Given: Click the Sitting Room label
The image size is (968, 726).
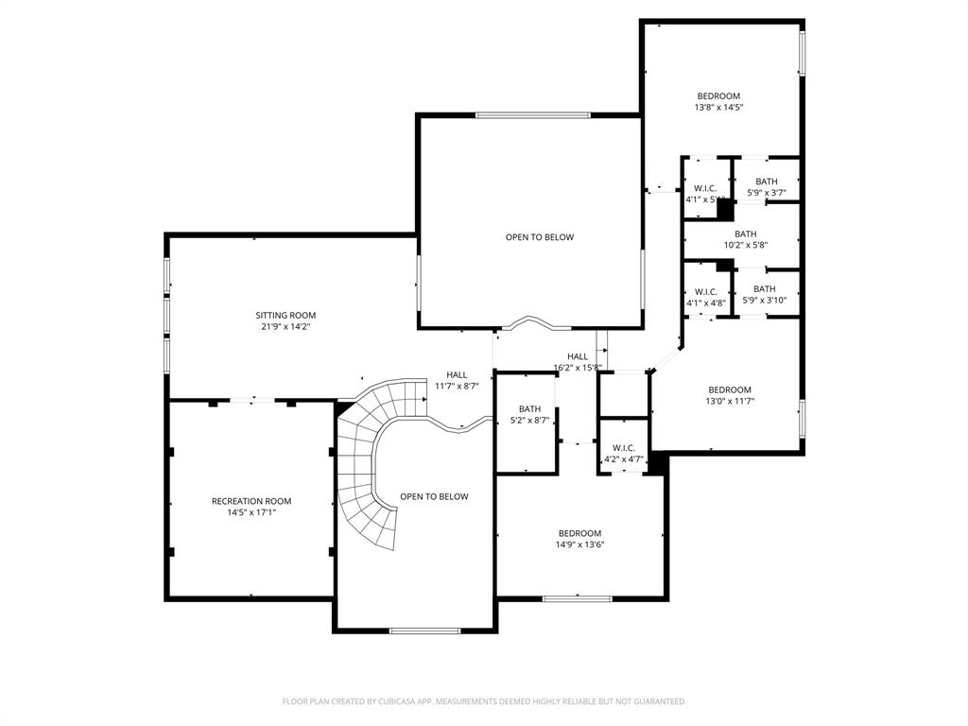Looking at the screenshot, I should click(285, 320).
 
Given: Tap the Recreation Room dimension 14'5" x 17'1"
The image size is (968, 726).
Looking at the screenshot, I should click(251, 512).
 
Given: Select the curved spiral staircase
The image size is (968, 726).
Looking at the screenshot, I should click(369, 463).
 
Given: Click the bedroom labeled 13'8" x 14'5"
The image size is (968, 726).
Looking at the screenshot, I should click(718, 101).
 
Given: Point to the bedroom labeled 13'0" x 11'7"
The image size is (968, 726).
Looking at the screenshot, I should click(730, 394).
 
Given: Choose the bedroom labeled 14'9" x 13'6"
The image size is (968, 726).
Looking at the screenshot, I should click(579, 539).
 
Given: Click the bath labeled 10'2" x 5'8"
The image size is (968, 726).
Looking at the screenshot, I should click(745, 239).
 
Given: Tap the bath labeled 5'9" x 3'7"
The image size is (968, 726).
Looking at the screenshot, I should click(766, 186).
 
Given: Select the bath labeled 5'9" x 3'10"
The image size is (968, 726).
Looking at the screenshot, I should click(764, 294).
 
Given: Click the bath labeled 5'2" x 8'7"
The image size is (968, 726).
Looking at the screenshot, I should click(529, 414).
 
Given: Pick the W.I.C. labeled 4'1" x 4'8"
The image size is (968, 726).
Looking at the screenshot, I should click(705, 297).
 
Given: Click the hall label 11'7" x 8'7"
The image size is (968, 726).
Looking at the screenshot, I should click(457, 380).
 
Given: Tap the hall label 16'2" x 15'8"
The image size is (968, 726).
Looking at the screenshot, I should click(578, 362).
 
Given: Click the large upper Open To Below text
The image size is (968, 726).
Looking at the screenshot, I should click(539, 237).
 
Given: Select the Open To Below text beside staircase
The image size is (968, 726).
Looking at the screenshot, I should click(434, 496).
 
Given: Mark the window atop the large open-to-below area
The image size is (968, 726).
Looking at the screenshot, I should click(532, 115).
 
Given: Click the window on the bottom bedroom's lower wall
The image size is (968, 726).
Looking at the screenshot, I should click(577, 597).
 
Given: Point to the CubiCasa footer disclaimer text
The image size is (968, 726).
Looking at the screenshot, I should click(484, 701).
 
